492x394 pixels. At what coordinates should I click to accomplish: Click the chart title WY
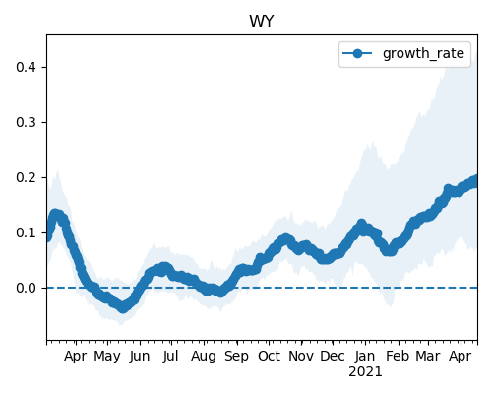pos(262,22)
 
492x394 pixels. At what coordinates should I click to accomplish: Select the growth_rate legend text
pos(423,53)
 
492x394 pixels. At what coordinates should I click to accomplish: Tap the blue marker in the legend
pos(357,53)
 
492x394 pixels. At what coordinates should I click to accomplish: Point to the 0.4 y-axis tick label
pos(26,67)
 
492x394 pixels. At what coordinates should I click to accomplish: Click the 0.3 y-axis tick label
pos(26,122)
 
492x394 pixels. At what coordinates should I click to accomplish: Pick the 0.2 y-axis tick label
pos(26,177)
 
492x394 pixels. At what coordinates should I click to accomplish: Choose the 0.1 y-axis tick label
pos(26,232)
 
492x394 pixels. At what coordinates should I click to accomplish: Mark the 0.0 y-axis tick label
pos(26,288)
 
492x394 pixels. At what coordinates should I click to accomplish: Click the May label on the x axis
pos(107,357)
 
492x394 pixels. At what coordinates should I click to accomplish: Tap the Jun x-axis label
pos(140,357)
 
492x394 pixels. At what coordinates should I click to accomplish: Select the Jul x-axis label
pos(171,356)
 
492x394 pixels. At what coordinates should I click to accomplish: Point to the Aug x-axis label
pos(204,357)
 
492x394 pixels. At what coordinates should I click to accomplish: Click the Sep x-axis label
pos(236,357)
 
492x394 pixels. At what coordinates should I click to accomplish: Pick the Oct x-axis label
pos(269,356)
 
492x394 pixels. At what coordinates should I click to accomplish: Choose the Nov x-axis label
pos(301,356)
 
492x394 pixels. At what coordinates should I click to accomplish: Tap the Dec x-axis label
pos(333,356)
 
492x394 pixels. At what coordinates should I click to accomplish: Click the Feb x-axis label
pos(398,356)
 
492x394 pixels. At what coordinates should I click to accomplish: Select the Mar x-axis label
pos(428,356)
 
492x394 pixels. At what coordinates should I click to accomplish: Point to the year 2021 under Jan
pos(365,372)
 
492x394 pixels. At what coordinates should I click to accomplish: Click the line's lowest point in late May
pos(122,307)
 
